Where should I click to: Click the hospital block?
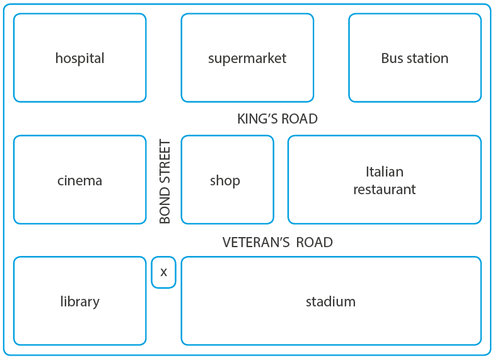[79, 58]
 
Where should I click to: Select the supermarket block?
[247, 58]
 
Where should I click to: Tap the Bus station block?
[414, 58]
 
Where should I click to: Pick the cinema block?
[79, 180]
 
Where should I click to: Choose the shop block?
[227, 180]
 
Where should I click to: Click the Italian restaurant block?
[385, 180]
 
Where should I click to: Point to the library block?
[79, 301]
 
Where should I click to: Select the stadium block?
[330, 301]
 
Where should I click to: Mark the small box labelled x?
[163, 272]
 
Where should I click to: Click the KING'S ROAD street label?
[277, 119]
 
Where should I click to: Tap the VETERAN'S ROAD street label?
[277, 243]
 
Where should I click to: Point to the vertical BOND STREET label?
[165, 182]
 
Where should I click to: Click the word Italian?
[385, 171]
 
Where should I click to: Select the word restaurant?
[385, 189]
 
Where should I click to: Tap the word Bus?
[392, 58]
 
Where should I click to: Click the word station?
[427, 58]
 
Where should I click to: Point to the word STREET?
[165, 161]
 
